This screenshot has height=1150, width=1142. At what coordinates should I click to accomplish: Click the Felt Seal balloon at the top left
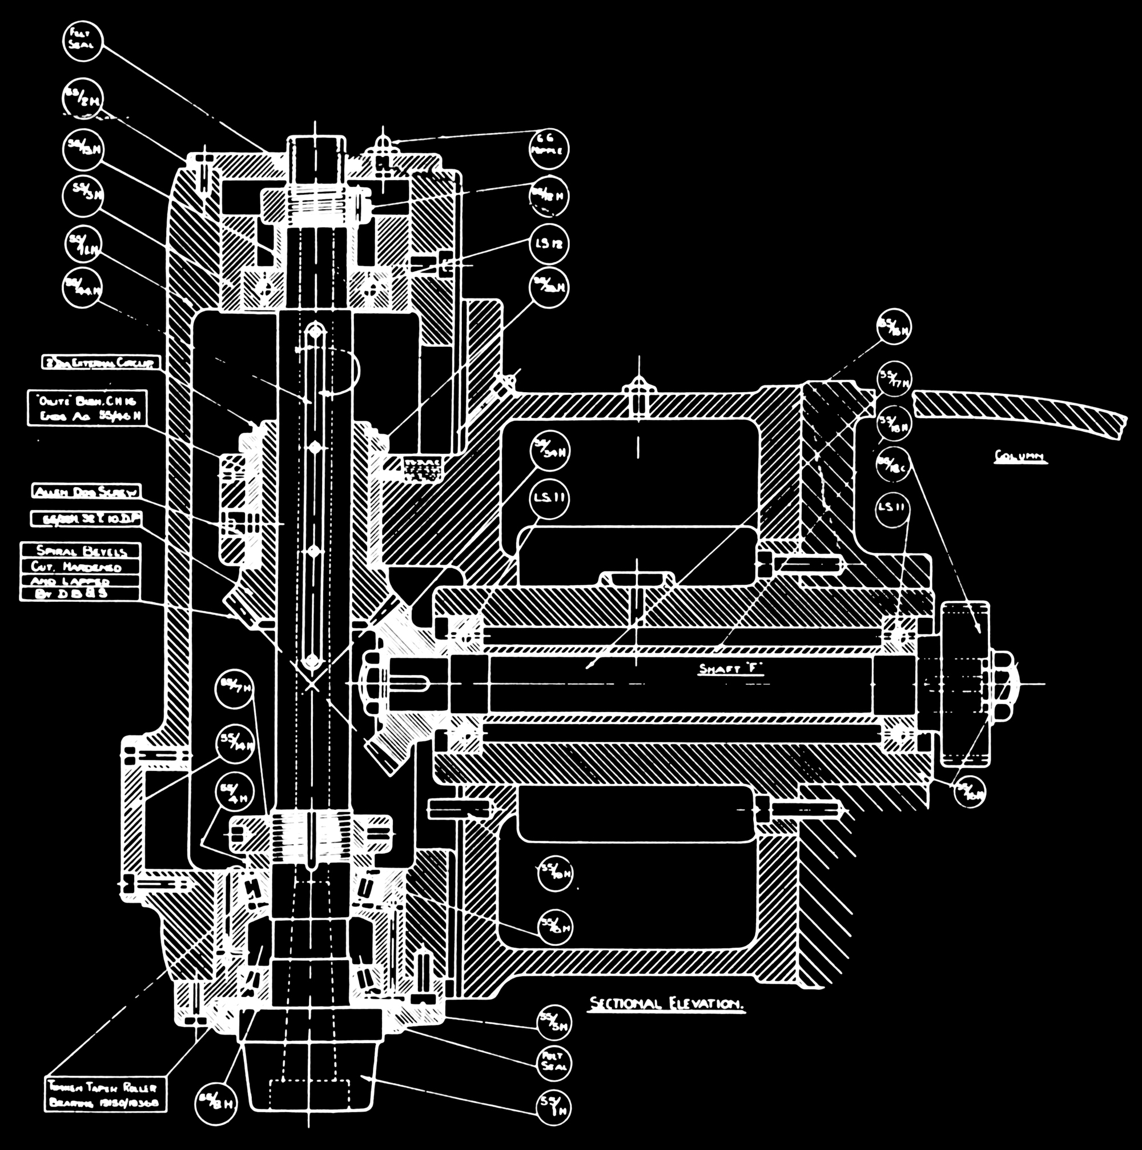[x=82, y=41]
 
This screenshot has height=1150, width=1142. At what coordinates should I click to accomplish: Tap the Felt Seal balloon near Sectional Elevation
[x=554, y=1064]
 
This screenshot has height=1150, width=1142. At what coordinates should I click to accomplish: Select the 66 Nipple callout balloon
[x=548, y=148]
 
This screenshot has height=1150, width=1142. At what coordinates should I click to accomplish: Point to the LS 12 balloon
[x=548, y=244]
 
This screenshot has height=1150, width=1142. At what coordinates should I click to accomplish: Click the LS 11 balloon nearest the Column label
[x=893, y=507]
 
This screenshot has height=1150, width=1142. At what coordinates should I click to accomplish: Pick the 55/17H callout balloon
[x=894, y=379]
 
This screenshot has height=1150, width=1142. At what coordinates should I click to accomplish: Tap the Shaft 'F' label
[x=731, y=669]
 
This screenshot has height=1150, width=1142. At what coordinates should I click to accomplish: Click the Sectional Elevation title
[x=666, y=1004]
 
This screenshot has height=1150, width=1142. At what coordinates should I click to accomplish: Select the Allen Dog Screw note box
[x=86, y=491]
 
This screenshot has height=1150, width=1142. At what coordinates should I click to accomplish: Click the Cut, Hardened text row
[x=81, y=565]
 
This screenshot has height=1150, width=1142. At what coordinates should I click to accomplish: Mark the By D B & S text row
[x=81, y=593]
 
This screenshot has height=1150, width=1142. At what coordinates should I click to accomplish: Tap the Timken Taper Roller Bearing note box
[x=106, y=1094]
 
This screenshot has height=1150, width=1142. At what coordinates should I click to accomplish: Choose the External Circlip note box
[x=101, y=362]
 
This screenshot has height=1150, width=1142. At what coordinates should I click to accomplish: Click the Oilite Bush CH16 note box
[x=87, y=408]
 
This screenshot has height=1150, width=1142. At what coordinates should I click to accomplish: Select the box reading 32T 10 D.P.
[x=86, y=519]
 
